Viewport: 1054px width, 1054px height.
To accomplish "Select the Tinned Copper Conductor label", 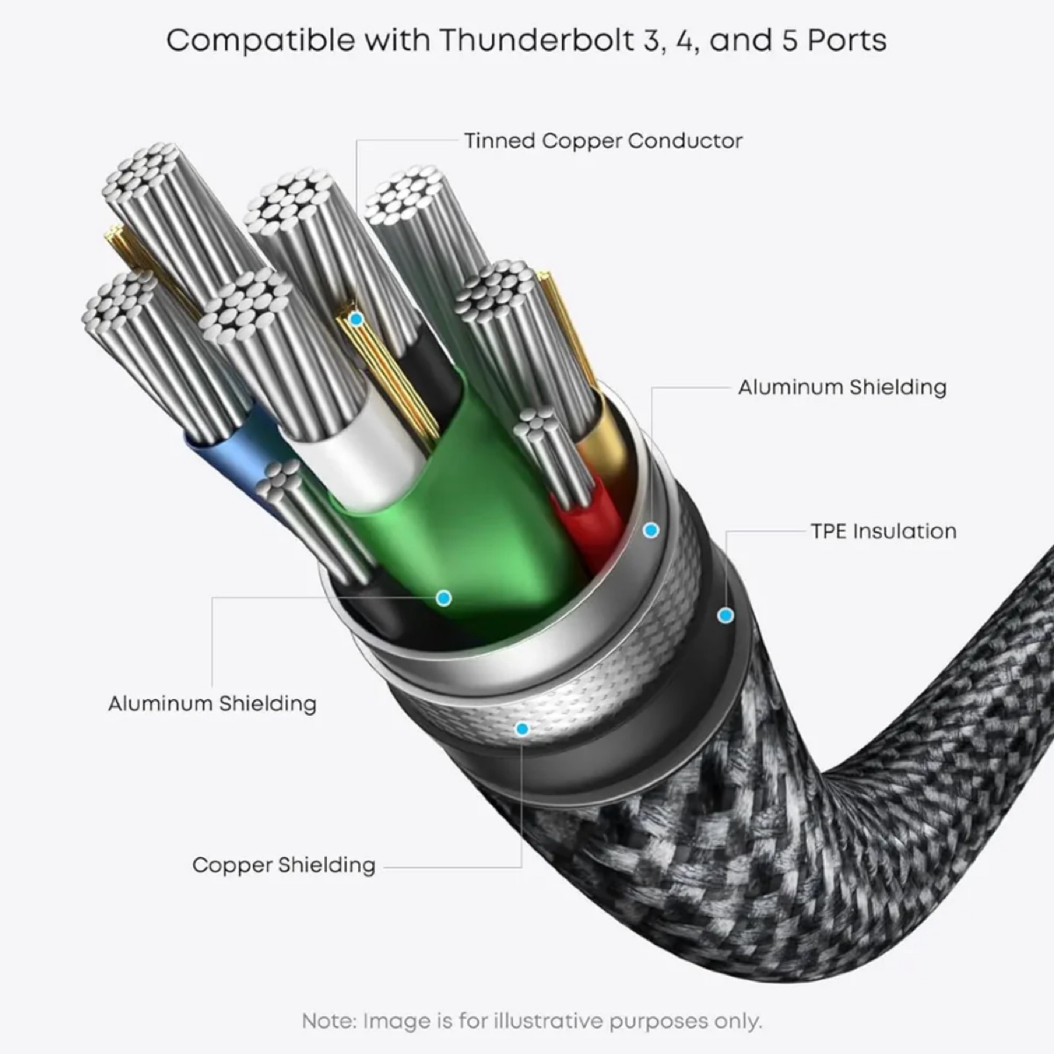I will tap(603, 141).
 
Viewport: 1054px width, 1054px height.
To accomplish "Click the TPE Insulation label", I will tap(883, 531).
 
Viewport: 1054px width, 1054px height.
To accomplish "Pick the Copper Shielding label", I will tap(284, 865).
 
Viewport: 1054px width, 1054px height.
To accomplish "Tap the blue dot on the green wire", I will tap(444, 598).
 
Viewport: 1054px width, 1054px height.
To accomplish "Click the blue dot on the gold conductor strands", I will tap(356, 320).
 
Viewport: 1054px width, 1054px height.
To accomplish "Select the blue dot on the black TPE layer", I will tap(725, 616).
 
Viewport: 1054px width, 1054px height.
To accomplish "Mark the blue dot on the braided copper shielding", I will tap(523, 728).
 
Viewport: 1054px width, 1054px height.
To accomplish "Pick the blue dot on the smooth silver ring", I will tap(651, 531).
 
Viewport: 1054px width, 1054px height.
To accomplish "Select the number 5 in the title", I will tap(790, 40).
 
